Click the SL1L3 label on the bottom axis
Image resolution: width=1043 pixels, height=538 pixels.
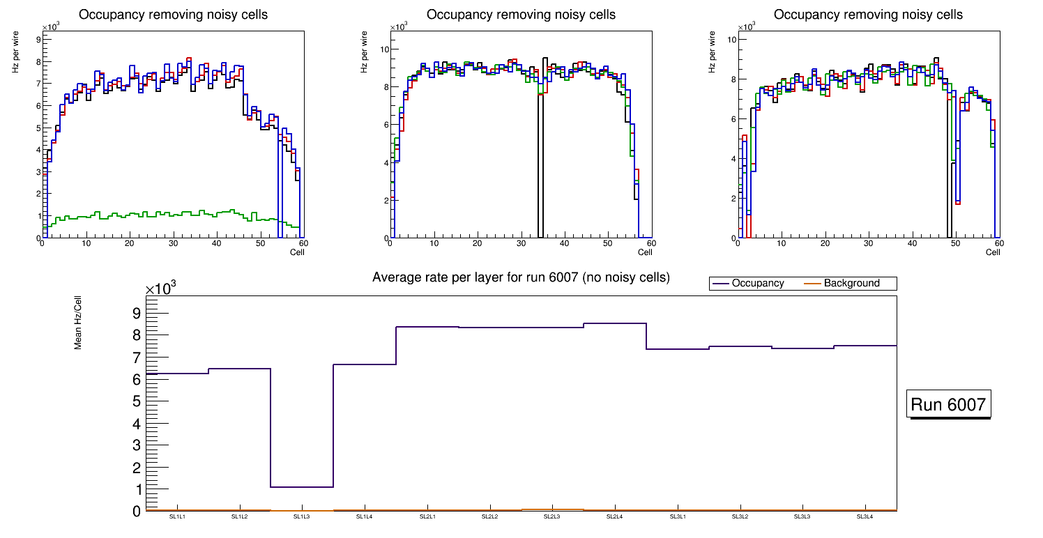(301, 516)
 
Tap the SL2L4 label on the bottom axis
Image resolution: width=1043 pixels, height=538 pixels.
(614, 516)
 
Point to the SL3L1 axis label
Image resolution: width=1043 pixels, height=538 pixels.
(677, 516)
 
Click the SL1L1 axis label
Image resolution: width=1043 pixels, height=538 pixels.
(176, 516)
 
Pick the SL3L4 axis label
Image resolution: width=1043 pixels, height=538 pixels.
(865, 516)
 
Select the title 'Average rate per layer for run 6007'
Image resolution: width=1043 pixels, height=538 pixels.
(521, 277)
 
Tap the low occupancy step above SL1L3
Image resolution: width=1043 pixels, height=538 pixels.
(301, 486)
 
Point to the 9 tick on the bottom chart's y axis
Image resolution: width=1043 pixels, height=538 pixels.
(136, 313)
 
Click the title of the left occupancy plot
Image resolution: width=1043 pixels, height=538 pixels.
(173, 15)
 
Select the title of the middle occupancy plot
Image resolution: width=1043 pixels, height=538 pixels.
(521, 15)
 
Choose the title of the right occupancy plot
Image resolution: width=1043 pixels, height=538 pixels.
(868, 15)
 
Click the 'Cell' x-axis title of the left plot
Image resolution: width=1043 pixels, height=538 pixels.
(298, 252)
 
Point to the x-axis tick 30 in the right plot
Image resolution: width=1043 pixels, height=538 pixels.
(868, 244)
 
